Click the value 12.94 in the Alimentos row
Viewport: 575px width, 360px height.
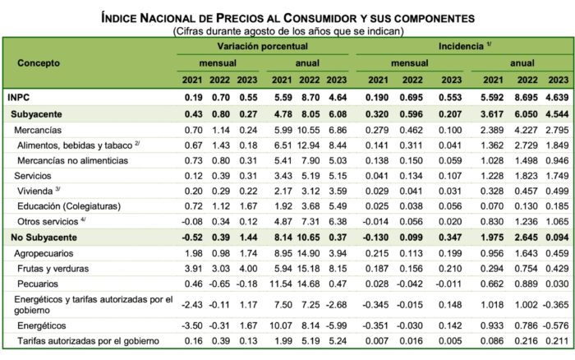tap(307, 143)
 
